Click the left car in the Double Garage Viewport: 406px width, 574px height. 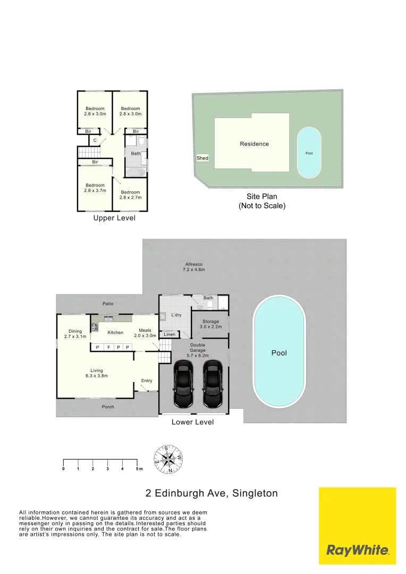tap(183, 384)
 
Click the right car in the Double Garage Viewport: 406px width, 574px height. tap(213, 384)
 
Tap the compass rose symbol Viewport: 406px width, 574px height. tap(168, 459)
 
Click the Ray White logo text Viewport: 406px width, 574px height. tap(358, 550)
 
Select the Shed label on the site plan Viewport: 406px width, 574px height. tap(202, 158)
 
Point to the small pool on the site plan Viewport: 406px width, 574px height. tap(309, 153)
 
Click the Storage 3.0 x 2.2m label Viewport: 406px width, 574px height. tap(210, 324)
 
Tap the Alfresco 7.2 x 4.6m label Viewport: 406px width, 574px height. tap(193, 267)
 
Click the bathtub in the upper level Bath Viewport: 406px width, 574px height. tap(136, 173)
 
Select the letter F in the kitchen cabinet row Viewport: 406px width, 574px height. tap(109, 348)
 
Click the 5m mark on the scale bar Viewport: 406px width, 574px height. tap(139, 469)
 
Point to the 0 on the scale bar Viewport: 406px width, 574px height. tap(63, 469)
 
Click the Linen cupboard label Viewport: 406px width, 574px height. tap(170, 334)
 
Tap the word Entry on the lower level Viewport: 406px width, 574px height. tap(147, 381)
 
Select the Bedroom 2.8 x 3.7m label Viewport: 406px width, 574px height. tap(95, 188)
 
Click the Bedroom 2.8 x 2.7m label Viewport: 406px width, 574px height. tap(130, 195)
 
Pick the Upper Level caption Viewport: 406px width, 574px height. tap(114, 218)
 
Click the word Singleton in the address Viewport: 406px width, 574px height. tap(255, 493)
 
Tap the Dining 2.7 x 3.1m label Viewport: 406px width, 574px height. tap(75, 334)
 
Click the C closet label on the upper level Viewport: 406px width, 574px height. tap(95, 140)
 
